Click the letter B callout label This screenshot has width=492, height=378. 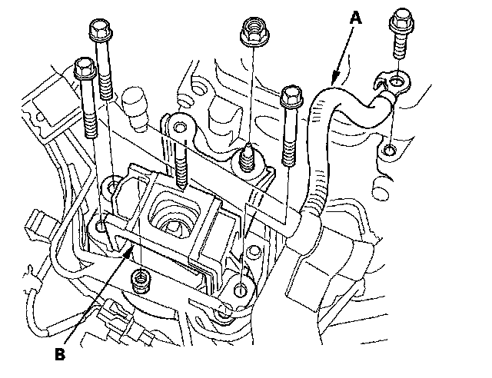tap(60, 355)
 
